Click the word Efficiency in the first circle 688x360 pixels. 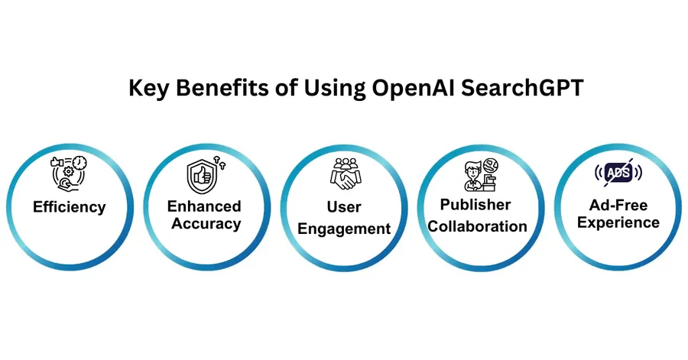pyautogui.click(x=69, y=207)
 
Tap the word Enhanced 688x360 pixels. pyautogui.click(x=204, y=206)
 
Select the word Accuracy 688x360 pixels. pyautogui.click(x=206, y=224)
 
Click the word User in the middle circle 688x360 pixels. pyautogui.click(x=343, y=207)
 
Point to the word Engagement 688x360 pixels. pyautogui.click(x=344, y=229)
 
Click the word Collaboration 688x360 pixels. pyautogui.click(x=479, y=226)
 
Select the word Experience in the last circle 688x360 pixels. pyautogui.click(x=618, y=222)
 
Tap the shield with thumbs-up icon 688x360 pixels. pyautogui.click(x=202, y=175)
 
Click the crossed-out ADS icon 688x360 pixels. pyautogui.click(x=618, y=174)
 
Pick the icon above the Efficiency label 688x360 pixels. pyautogui.click(x=69, y=173)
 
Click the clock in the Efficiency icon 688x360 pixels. pyautogui.click(x=80, y=162)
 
